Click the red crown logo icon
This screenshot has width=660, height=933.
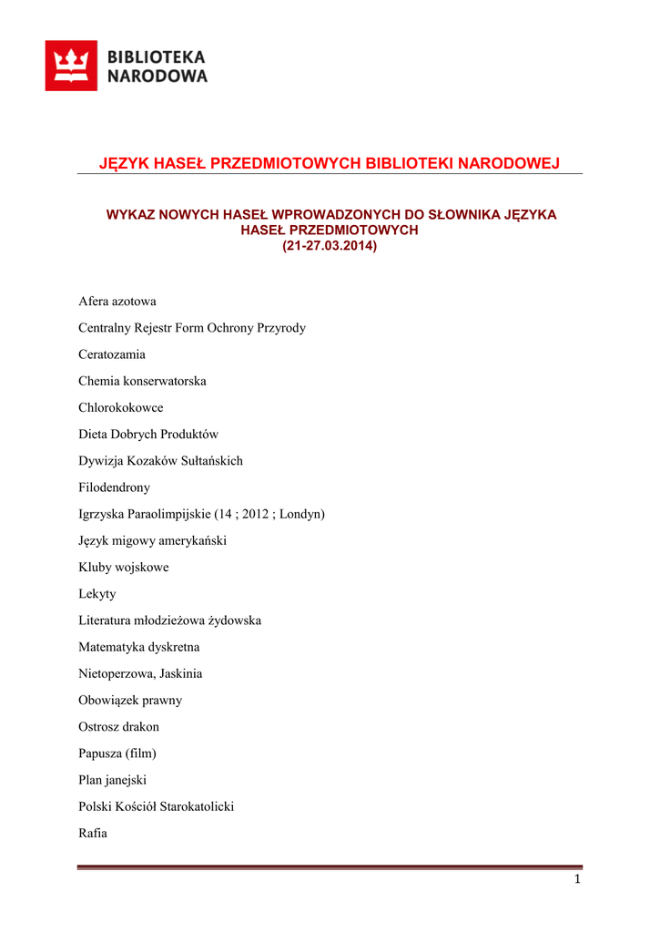point(71,66)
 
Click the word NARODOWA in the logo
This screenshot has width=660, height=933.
point(157,77)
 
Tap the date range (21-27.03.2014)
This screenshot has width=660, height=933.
point(330,246)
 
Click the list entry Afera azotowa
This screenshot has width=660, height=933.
point(117,302)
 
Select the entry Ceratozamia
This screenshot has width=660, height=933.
point(112,354)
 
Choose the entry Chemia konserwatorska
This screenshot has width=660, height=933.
point(142,381)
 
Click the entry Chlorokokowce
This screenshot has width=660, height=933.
point(121,407)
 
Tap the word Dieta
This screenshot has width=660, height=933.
point(94,435)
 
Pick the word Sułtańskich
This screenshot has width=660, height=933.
point(211,461)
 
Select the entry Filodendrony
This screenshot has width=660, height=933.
point(115,487)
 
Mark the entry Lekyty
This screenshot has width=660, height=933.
point(97,594)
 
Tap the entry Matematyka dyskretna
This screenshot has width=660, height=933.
point(139,647)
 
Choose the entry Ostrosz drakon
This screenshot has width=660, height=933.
point(119,727)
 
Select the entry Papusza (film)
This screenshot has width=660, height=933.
point(117,754)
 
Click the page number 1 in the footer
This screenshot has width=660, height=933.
point(577,879)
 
